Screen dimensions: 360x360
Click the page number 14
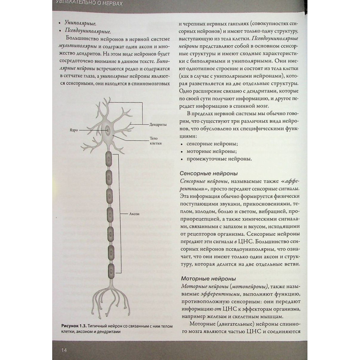(x=64, y=350)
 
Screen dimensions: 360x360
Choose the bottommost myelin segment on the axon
(x=111, y=269)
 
